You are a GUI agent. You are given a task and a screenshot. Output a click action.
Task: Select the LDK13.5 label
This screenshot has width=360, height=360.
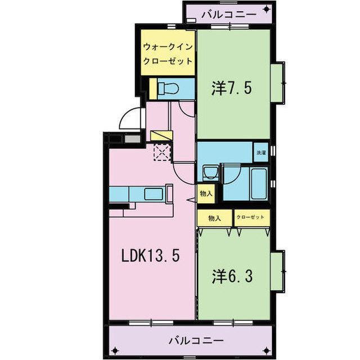click(151, 256)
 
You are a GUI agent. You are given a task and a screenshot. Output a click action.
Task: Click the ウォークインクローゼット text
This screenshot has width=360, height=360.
click(168, 54)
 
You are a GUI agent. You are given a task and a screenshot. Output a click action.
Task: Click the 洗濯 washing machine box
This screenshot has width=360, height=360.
click(262, 152)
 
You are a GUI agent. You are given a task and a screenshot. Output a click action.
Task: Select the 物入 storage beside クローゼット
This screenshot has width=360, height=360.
click(214, 218)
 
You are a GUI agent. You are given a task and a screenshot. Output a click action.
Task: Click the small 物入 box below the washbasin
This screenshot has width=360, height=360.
click(205, 193)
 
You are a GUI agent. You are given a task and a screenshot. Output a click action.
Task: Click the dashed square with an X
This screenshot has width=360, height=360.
click(162, 152)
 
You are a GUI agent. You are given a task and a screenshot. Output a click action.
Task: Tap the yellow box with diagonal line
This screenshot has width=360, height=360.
click(159, 136)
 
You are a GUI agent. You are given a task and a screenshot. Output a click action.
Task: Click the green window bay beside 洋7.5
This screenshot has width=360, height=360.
click(277, 83)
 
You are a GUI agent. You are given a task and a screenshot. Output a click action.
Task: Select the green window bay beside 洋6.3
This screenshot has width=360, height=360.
click(277, 273)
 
